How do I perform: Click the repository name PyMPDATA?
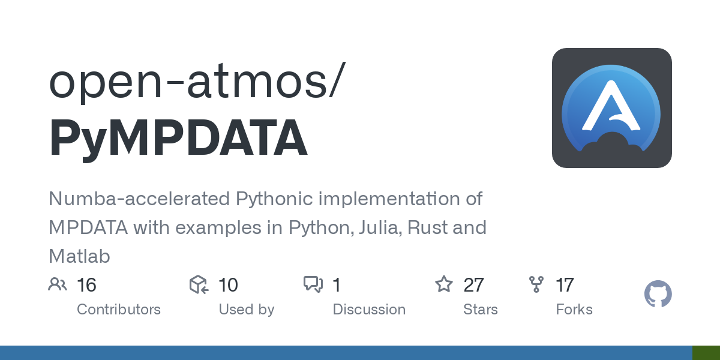tap(178, 140)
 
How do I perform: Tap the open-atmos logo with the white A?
tap(611, 108)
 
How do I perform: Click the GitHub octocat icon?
tap(658, 294)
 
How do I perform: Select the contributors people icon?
tap(58, 284)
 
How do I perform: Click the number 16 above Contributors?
tap(86, 285)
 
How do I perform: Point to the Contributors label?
tap(119, 310)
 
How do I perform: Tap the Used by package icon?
tap(199, 284)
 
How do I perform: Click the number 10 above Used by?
tap(228, 285)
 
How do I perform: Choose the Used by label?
tap(246, 310)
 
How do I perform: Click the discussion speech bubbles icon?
tap(313, 284)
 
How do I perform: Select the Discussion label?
tap(369, 310)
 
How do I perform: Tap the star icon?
tap(444, 284)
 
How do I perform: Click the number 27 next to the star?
tap(474, 285)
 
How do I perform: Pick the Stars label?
tap(480, 310)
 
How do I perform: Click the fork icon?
tap(536, 284)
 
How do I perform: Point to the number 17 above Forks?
tap(565, 285)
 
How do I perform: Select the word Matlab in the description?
tap(79, 257)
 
